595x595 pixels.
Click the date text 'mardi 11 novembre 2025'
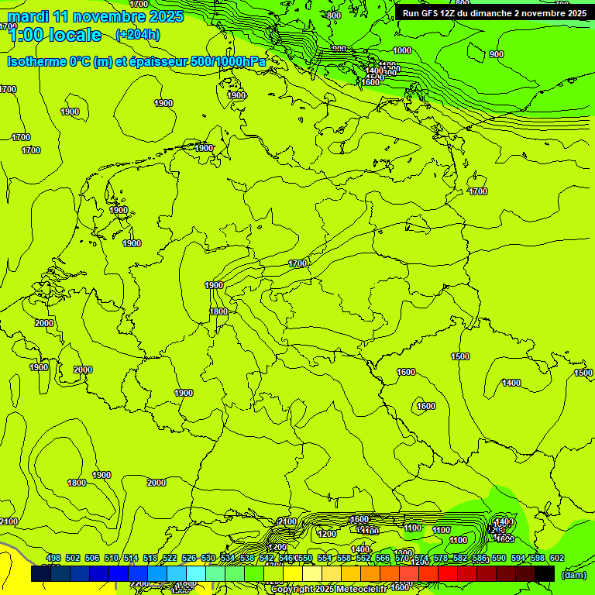(x=95, y=16)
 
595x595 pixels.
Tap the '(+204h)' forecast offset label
(x=138, y=34)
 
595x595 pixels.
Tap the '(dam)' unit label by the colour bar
(x=573, y=574)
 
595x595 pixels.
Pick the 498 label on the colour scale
(x=53, y=558)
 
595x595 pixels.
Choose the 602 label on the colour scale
(x=557, y=558)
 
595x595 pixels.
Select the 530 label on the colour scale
(x=208, y=558)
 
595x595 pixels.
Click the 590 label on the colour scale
(x=499, y=558)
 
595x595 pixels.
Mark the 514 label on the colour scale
(x=131, y=558)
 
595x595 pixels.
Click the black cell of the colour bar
(x=545, y=573)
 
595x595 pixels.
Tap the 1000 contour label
(x=402, y=50)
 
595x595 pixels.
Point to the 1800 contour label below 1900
(x=218, y=311)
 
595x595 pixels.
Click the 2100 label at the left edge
(x=9, y=521)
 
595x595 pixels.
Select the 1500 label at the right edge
(x=583, y=373)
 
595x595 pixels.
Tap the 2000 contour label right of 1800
(x=156, y=483)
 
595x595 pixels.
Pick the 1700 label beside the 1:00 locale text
(x=9, y=26)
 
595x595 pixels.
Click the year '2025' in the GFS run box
(x=576, y=12)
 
